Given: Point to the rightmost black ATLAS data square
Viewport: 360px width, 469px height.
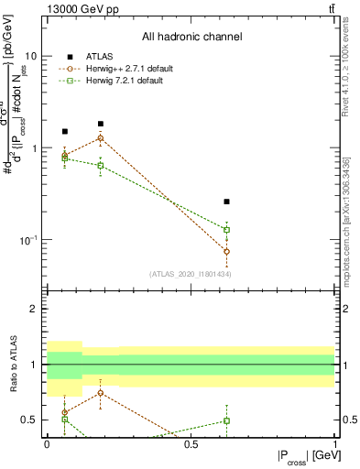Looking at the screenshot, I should tap(226, 202).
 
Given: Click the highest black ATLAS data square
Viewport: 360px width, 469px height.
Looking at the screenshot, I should tap(101, 124).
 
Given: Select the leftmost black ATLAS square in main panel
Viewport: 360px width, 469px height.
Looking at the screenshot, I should tap(64, 132).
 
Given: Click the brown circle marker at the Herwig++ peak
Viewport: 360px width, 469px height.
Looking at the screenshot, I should tap(101, 138).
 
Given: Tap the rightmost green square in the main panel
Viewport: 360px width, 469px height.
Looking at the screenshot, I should tap(226, 230).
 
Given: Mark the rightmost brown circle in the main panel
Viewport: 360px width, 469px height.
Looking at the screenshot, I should tap(226, 251).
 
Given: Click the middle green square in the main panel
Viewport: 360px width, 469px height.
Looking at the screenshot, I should tap(101, 166).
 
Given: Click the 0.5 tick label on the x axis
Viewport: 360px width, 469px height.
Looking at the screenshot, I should tap(191, 444).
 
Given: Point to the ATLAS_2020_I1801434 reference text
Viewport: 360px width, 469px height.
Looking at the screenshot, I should tap(191, 274).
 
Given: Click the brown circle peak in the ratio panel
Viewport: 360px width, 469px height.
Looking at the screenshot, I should tap(101, 393).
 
